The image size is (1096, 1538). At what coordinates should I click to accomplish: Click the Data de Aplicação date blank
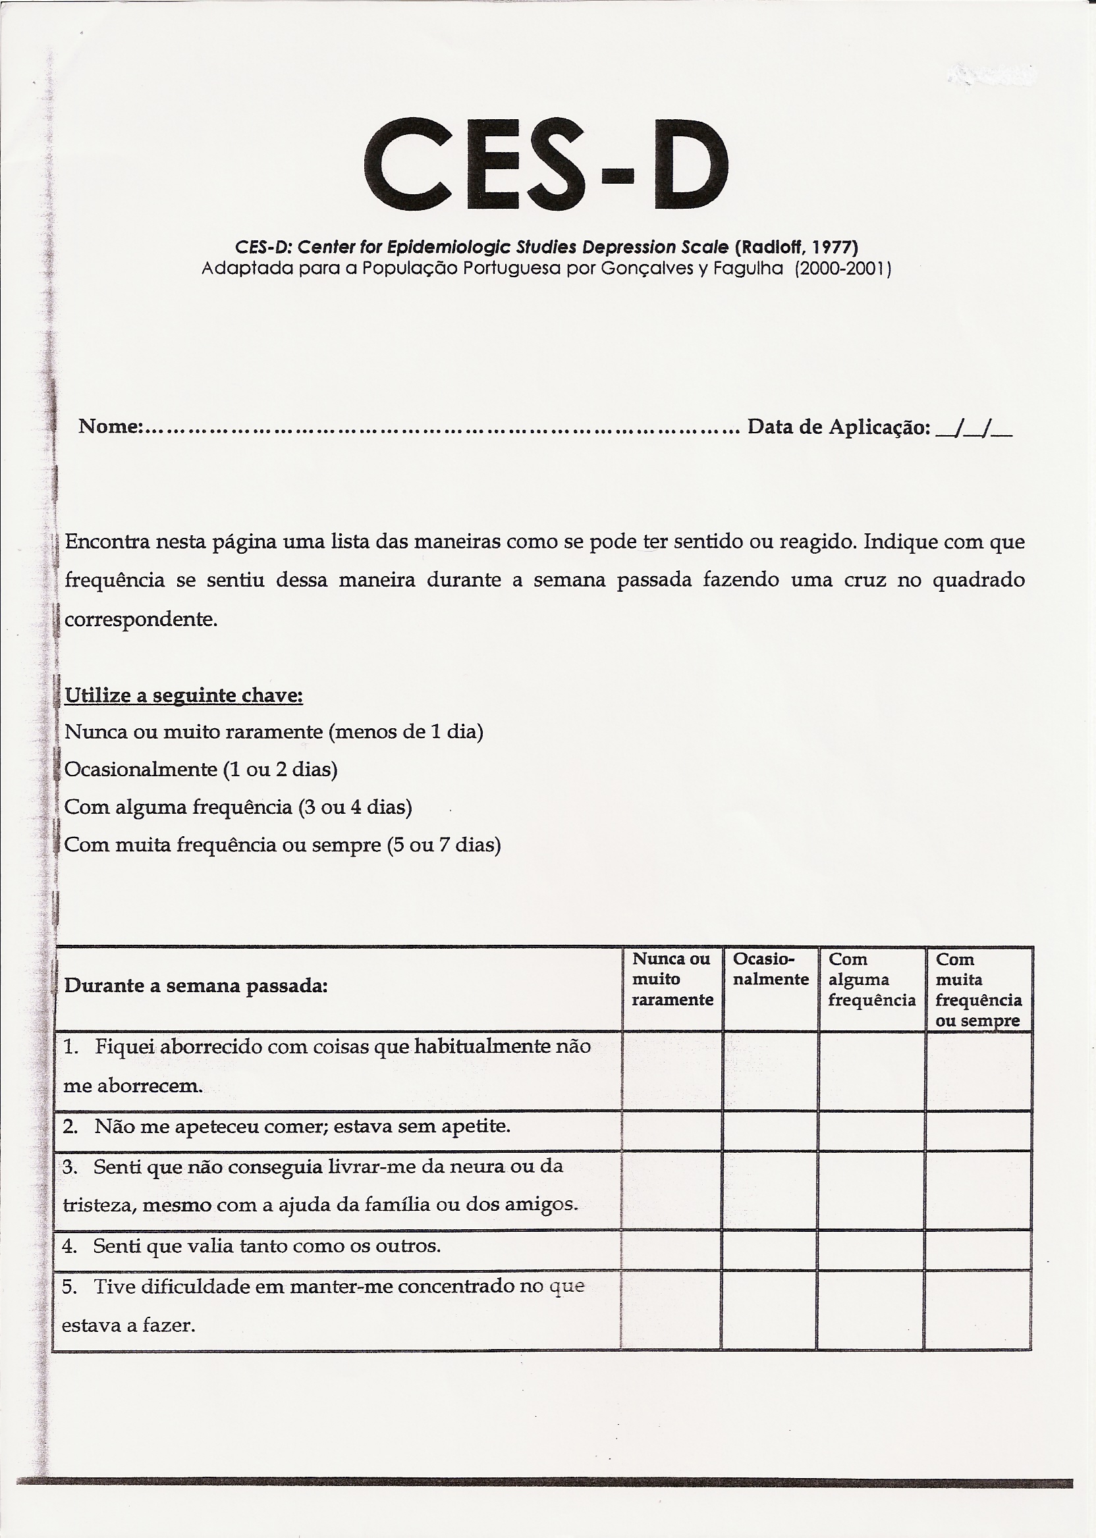click(x=975, y=428)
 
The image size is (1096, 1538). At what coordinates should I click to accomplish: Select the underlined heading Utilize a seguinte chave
click(x=184, y=695)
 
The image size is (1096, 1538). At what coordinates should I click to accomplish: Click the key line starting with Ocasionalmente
click(x=200, y=770)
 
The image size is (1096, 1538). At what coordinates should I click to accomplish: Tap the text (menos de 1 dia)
click(x=406, y=732)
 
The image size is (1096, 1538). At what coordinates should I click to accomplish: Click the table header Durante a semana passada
click(x=196, y=986)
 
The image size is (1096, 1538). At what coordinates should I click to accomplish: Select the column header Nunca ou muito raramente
click(x=672, y=980)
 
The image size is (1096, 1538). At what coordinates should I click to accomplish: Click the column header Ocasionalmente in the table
click(x=770, y=969)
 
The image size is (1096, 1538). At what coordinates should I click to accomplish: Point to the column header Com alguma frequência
click(x=871, y=980)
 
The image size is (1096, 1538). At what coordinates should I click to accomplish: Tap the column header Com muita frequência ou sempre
click(x=978, y=989)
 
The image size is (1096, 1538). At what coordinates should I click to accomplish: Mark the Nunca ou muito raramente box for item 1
click(x=672, y=1071)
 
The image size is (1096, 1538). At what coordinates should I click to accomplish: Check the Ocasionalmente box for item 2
click(x=770, y=1130)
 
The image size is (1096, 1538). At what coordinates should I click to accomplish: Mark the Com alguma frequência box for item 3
click(x=871, y=1189)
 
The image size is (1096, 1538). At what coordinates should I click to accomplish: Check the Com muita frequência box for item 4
click(x=978, y=1249)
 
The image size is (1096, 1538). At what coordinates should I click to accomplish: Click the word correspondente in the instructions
click(x=141, y=620)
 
